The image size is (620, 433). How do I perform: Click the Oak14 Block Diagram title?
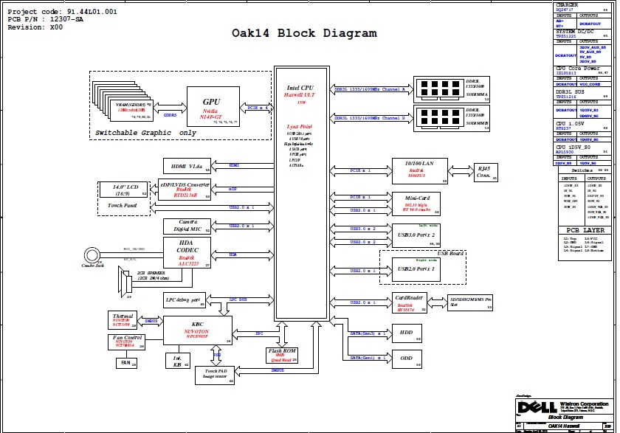pyautogui.click(x=304, y=33)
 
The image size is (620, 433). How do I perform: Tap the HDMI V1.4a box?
pyautogui.click(x=187, y=166)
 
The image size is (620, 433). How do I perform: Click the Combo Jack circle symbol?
pyautogui.click(x=92, y=255)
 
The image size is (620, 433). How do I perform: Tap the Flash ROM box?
pyautogui.click(x=282, y=355)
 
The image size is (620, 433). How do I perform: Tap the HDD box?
pyautogui.click(x=407, y=332)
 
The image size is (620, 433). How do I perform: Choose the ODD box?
pyautogui.click(x=407, y=358)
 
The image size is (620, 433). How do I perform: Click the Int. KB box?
pyautogui.click(x=177, y=360)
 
